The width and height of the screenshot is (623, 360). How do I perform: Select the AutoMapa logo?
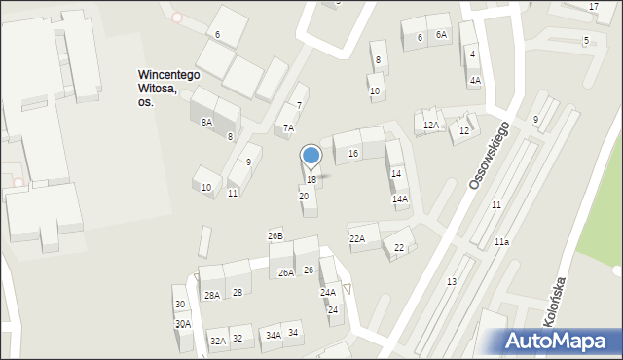[x=561, y=341]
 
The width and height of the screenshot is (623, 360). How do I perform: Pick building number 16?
[x=352, y=154]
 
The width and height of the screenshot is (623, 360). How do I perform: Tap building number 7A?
[x=288, y=128]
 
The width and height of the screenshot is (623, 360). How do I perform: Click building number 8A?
[x=206, y=122]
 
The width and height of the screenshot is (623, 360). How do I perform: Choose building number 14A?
[x=399, y=198]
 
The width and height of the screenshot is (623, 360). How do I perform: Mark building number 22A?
[x=357, y=238]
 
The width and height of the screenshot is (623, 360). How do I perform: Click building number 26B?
[x=275, y=236]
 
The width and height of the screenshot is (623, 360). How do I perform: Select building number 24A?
[x=328, y=292]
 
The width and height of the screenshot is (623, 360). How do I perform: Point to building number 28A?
[x=211, y=295]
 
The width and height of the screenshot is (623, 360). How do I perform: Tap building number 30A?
[x=182, y=324]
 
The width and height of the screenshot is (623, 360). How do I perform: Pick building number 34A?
[x=273, y=335]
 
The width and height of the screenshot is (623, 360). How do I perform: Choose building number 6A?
[x=441, y=35]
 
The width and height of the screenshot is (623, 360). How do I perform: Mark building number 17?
[x=593, y=7]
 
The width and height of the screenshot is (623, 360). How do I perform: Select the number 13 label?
[x=451, y=281]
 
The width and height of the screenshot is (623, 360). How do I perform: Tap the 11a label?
[x=500, y=241]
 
